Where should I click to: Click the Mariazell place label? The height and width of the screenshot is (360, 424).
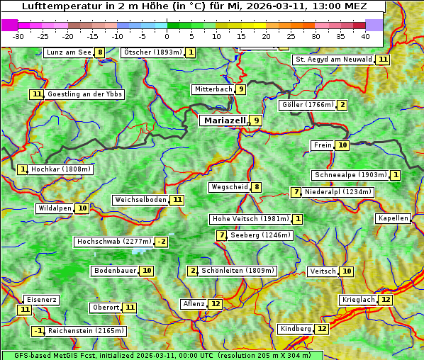click(x=225, y=120)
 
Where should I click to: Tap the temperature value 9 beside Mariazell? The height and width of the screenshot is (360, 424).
click(x=256, y=120)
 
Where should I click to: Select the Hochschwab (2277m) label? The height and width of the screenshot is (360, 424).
click(x=114, y=242)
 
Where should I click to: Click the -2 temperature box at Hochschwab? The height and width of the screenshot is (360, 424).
click(x=162, y=242)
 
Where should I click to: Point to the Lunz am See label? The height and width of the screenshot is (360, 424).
click(x=69, y=52)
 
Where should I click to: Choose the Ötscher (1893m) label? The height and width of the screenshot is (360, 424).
click(x=152, y=52)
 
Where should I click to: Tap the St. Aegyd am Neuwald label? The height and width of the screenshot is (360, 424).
click(x=333, y=60)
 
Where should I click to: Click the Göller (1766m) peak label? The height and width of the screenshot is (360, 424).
click(x=307, y=105)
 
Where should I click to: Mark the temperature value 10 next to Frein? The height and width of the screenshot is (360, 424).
click(x=342, y=145)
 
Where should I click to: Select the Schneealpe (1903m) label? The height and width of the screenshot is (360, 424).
click(x=350, y=175)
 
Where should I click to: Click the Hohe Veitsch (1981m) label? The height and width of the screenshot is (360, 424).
click(x=250, y=219)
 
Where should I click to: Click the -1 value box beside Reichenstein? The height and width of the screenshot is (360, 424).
click(x=39, y=331)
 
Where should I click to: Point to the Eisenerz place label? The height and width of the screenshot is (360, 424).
click(x=40, y=300)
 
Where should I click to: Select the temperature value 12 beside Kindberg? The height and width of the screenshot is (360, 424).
click(x=322, y=329)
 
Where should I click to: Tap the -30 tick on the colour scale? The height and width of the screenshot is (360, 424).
click(x=18, y=35)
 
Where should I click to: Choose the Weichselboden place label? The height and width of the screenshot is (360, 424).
click(x=140, y=200)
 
